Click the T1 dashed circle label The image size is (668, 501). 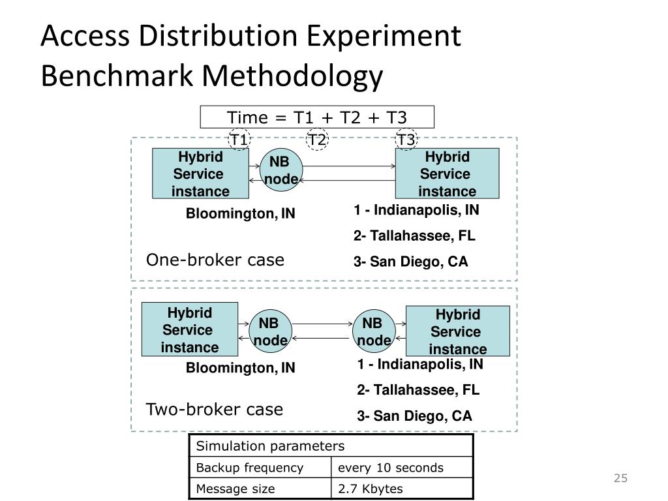239,140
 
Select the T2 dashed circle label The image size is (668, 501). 317,140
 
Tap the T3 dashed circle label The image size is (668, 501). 406,140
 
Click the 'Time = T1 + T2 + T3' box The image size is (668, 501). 317,117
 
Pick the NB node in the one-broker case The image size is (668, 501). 281,171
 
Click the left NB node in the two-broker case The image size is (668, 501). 269,332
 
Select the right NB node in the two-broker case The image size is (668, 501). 373,332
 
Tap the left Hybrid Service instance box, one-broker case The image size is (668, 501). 200,174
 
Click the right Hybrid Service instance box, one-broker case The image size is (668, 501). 447,174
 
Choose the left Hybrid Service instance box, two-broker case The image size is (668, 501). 190,329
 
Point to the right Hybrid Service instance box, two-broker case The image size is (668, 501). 457,331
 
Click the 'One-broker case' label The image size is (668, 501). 215,260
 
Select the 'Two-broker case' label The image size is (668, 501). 214,410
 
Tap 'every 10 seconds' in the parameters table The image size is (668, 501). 390,468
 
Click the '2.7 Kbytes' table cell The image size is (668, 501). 370,489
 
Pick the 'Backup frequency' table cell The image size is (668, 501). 250,468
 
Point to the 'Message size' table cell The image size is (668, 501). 235,489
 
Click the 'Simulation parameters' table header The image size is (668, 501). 270,446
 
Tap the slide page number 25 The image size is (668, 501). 620,479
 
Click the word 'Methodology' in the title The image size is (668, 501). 292,76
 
